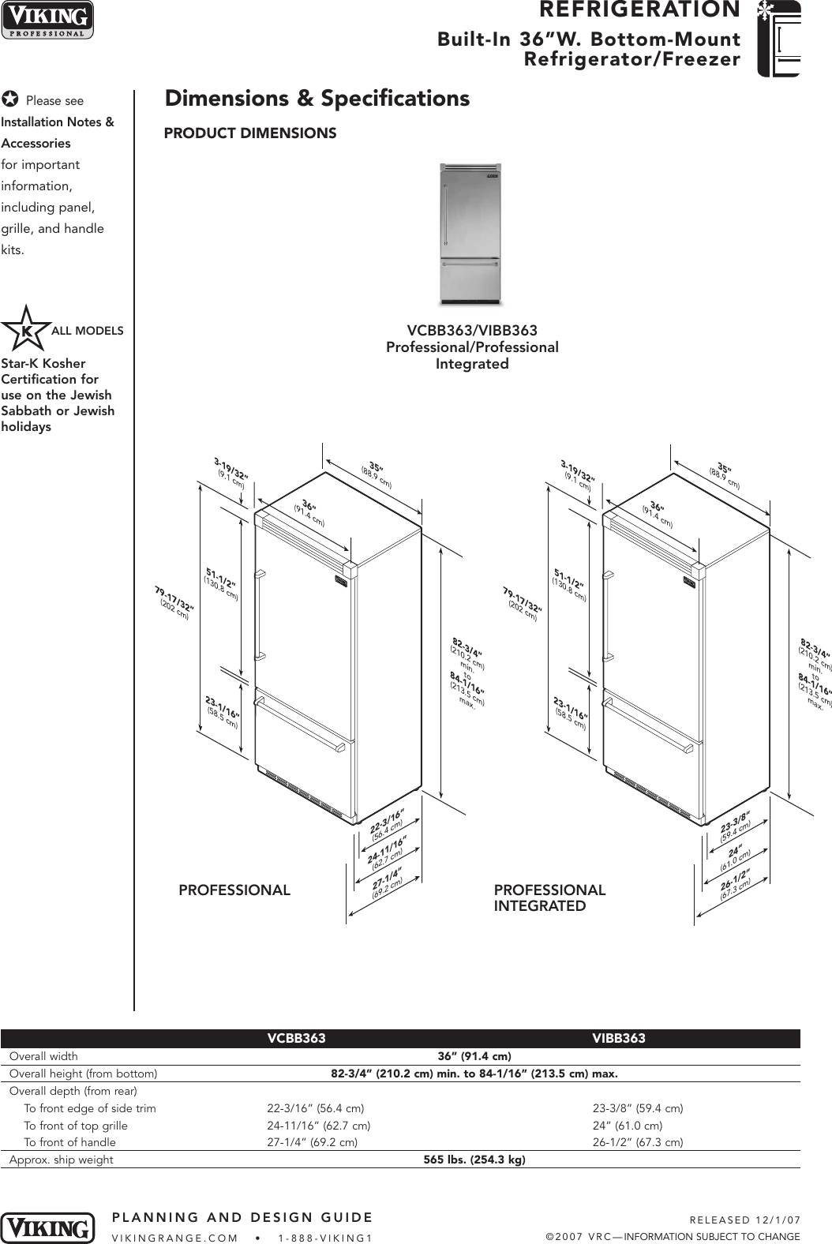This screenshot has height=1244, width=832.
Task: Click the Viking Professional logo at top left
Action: pos(47,20)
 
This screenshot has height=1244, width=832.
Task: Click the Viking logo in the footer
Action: pos(47,1228)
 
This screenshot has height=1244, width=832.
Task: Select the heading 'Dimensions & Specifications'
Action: pos(317,99)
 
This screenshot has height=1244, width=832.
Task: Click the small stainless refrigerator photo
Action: pos(470,234)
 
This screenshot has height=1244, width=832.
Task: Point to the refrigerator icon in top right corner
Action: pos(778,39)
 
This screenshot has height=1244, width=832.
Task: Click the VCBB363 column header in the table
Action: pos(296,1039)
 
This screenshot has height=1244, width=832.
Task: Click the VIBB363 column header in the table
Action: pos(619,1039)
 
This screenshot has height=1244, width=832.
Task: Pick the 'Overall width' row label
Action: pos(43,1056)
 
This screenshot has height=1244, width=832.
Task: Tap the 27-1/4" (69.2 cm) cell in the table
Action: pos(312,1142)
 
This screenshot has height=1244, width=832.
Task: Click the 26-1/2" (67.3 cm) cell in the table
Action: pos(638,1142)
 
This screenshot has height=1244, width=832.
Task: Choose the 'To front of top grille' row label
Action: pos(75,1126)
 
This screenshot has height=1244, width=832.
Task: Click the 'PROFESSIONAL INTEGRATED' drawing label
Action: pos(549,898)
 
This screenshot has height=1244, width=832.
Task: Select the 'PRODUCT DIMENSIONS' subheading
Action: pos(249,133)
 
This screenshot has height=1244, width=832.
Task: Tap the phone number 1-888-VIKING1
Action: pos(325,1238)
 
